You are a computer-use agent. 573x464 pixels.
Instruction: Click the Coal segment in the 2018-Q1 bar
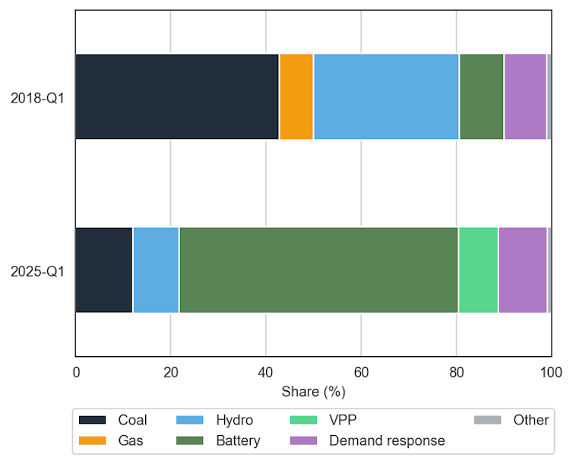click(177, 96)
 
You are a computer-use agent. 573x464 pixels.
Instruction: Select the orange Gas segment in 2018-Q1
click(296, 96)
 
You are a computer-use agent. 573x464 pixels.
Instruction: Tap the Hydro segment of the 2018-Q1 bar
click(386, 96)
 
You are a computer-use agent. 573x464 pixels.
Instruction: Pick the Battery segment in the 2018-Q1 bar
click(481, 96)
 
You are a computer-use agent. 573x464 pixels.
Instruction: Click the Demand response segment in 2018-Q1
click(524, 96)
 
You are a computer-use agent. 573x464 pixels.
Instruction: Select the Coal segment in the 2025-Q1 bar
click(103, 270)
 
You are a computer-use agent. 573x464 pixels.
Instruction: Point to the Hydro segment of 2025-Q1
click(156, 270)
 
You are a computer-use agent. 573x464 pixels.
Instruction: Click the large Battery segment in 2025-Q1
click(318, 270)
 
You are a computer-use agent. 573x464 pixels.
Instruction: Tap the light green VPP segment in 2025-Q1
click(478, 270)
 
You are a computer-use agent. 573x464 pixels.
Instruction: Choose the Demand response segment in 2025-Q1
click(522, 270)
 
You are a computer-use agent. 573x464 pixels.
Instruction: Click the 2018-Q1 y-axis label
click(37, 97)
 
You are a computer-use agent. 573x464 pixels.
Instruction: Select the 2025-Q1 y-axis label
click(37, 270)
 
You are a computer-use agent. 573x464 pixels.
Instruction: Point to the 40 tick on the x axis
click(266, 372)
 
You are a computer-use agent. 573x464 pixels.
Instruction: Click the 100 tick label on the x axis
click(551, 372)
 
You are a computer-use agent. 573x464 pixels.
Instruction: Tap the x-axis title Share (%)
click(313, 392)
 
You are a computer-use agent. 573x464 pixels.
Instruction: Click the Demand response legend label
click(387, 440)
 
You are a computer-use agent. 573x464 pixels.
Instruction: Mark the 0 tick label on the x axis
click(75, 372)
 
